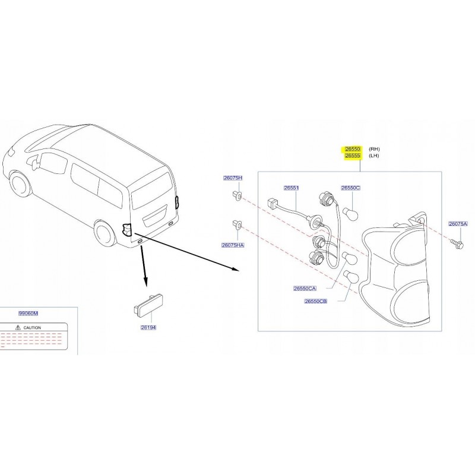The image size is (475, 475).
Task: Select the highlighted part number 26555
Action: [353, 156]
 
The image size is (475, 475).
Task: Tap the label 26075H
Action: [233, 178]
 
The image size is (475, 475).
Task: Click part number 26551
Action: [291, 188]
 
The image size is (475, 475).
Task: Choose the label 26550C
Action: [350, 188]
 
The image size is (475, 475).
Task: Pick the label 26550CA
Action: [305, 289]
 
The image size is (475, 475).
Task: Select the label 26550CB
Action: [316, 301]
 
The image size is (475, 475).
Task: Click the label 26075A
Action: [458, 224]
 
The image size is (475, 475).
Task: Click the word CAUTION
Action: [32, 328]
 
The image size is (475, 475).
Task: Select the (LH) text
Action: [374, 156]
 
